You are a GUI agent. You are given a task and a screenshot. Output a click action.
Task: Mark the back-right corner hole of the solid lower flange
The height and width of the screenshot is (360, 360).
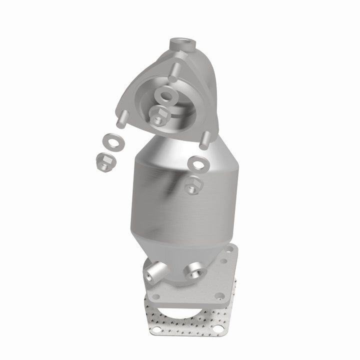[x=229, y=248]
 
